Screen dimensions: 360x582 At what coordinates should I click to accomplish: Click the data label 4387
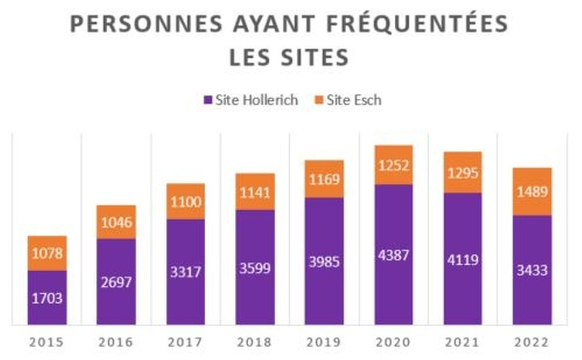393,256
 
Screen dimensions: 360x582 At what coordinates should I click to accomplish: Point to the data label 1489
532,192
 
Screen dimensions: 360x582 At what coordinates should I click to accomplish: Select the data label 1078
47,253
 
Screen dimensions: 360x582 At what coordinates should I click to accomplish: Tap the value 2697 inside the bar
116,283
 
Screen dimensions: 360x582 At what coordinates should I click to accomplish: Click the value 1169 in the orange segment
324,179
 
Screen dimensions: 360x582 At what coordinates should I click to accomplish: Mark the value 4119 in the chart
463,259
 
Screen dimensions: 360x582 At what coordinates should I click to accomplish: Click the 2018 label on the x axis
255,343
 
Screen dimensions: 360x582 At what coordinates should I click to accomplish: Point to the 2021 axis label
463,343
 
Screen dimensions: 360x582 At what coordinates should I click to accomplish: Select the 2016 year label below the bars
116,343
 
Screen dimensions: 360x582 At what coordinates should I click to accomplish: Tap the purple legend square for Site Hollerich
208,100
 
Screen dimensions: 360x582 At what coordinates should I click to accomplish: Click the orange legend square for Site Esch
319,100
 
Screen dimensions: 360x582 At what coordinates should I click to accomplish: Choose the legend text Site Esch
354,100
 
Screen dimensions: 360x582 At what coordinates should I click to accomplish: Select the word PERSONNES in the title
146,24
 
